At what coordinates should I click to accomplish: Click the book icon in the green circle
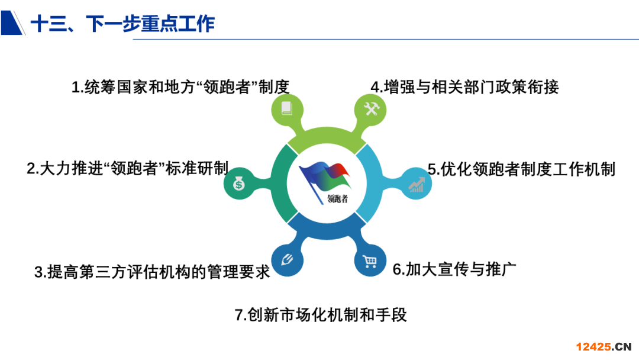click(287, 108)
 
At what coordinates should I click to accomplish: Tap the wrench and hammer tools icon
click(371, 109)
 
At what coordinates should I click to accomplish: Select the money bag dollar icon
click(239, 184)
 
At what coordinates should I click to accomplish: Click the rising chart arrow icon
click(417, 185)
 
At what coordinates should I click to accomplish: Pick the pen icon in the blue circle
click(288, 259)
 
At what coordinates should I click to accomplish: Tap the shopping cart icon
click(370, 261)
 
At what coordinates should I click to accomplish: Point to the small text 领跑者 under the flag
click(338, 199)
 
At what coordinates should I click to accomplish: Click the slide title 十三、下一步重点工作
click(122, 24)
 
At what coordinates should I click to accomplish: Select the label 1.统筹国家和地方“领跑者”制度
click(180, 87)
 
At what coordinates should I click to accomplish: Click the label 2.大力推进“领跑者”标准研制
click(127, 168)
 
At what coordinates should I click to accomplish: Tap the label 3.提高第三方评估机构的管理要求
click(152, 272)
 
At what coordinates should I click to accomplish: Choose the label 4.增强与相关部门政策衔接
click(464, 87)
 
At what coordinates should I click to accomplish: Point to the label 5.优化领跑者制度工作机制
click(521, 169)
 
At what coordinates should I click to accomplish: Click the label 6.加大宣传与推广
click(454, 269)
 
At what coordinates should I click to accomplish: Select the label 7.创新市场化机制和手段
click(321, 315)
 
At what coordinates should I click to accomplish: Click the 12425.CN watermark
click(603, 347)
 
